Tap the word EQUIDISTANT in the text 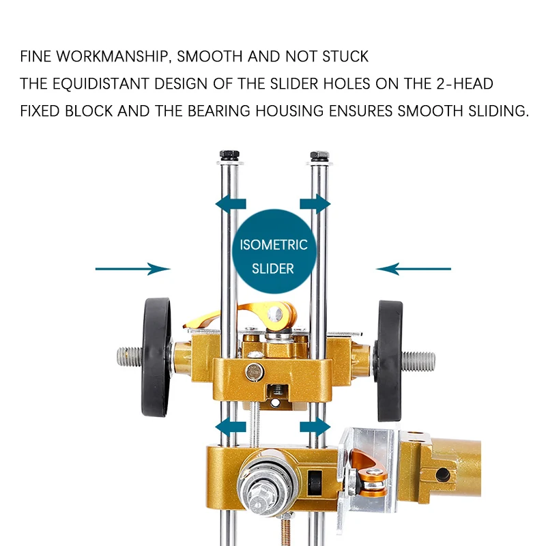click(x=100, y=84)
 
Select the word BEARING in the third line click(x=218, y=111)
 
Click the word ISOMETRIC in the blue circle click(x=274, y=245)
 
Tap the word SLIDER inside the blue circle click(x=273, y=269)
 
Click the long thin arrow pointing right click(x=132, y=269)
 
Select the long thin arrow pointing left click(x=414, y=269)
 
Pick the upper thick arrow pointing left click(x=231, y=204)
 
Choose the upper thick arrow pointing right click(x=315, y=204)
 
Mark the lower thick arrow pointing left click(x=231, y=427)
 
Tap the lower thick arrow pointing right click(x=315, y=427)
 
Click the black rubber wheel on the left click(x=156, y=357)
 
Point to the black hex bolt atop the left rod click(x=229, y=155)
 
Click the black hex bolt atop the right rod click(x=319, y=156)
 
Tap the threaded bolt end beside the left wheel click(x=130, y=357)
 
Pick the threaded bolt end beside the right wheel click(x=418, y=361)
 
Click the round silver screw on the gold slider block click(x=255, y=372)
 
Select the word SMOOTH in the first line click(x=210, y=57)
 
